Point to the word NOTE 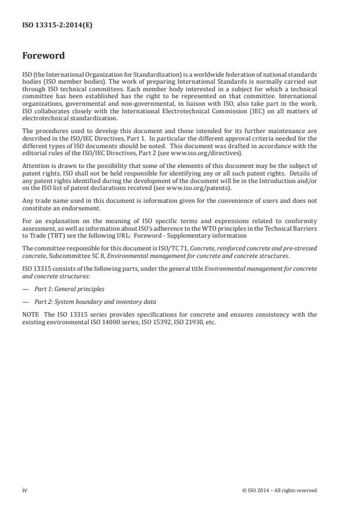(x=31, y=314)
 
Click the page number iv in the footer (x=24, y=490)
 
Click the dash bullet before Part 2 (x=26, y=302)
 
